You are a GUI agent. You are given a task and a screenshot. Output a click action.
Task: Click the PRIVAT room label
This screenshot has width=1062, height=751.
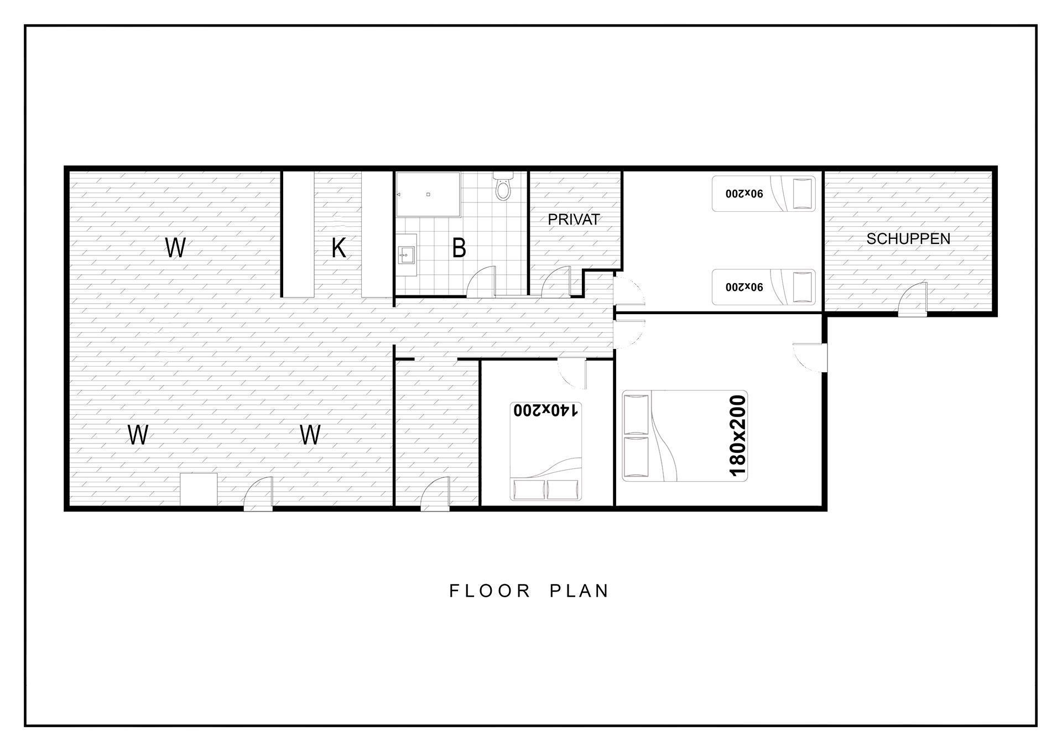click(x=574, y=220)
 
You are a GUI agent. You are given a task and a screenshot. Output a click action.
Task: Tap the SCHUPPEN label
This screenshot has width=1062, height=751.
click(x=908, y=239)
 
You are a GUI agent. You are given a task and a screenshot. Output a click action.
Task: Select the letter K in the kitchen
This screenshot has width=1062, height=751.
click(x=339, y=248)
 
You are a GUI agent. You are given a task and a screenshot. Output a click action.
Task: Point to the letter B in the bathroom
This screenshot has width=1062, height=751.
click(x=459, y=248)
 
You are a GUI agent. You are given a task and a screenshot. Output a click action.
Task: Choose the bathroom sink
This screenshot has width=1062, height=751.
click(x=406, y=255)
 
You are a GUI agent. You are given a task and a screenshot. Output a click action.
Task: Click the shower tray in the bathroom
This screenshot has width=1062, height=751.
click(x=428, y=194)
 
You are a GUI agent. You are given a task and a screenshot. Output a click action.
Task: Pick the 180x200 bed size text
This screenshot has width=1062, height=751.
click(x=738, y=435)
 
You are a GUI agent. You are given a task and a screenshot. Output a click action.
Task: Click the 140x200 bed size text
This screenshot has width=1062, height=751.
click(x=546, y=410)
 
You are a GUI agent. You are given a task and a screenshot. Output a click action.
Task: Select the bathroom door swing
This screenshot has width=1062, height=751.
click(x=481, y=281)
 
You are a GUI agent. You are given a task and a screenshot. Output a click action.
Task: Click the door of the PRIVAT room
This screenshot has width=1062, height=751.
click(x=556, y=281)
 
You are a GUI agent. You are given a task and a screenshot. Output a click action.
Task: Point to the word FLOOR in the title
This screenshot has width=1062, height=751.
click(x=490, y=591)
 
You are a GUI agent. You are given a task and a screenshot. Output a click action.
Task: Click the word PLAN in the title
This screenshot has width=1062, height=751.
click(x=579, y=591)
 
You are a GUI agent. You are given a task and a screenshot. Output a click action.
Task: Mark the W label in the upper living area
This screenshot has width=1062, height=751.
click(x=175, y=248)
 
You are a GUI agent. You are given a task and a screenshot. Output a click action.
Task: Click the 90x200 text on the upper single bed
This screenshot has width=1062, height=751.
click(x=745, y=194)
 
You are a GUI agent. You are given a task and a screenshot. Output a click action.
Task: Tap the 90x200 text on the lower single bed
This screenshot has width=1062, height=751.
click(x=745, y=287)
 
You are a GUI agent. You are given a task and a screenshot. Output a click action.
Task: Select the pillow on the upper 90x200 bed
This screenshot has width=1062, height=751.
click(x=803, y=194)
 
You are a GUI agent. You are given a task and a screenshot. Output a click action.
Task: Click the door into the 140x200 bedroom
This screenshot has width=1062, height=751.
click(x=572, y=374)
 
